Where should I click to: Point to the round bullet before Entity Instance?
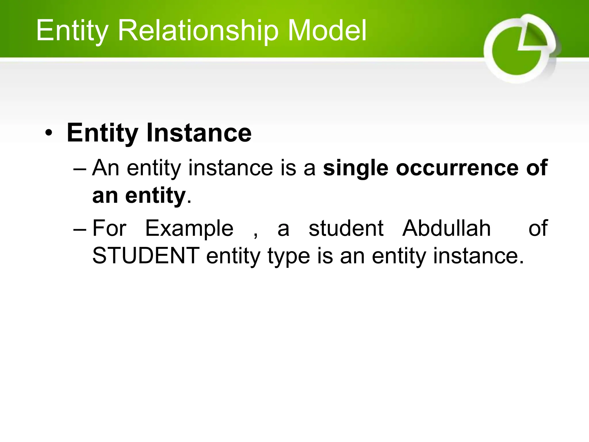pyautogui.click(x=49, y=133)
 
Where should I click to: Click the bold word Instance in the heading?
pyautogui.click(x=199, y=133)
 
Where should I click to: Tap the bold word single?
pyautogui.click(x=356, y=168)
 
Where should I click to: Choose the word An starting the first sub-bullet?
pyautogui.click(x=106, y=168)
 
